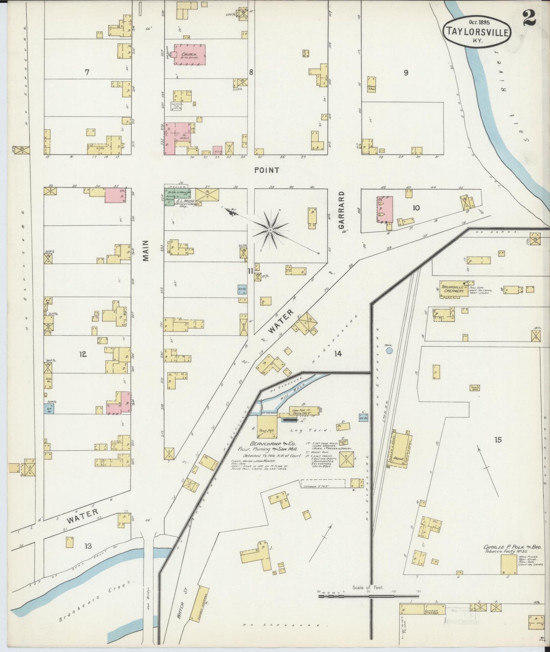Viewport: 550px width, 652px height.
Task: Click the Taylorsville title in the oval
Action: [477, 32]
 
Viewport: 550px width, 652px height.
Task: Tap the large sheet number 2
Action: [529, 17]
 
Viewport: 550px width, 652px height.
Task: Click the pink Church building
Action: [190, 55]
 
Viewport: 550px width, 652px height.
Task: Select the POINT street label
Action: [267, 170]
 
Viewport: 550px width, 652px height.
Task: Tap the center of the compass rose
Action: [270, 230]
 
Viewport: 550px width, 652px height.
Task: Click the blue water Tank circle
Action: [389, 350]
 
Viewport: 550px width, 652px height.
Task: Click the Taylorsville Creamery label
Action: [454, 288]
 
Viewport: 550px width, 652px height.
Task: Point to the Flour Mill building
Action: [267, 427]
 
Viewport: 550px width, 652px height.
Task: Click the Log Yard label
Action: [314, 430]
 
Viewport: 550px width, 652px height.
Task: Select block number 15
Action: [497, 440]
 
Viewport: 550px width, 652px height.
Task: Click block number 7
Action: [87, 72]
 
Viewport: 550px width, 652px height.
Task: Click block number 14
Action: [338, 354]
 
